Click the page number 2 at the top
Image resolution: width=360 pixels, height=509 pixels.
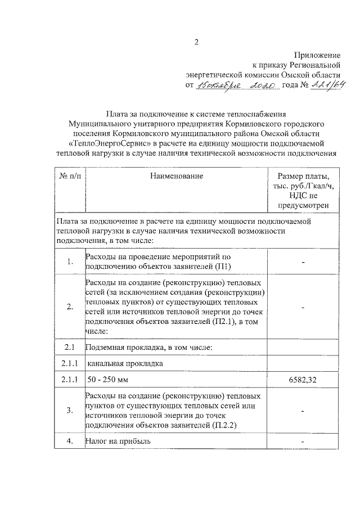click(x=197, y=43)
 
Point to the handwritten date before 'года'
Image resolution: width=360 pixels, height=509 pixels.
click(x=237, y=85)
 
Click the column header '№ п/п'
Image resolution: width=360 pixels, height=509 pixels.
click(x=70, y=176)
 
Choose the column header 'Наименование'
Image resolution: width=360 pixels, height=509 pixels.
click(x=176, y=176)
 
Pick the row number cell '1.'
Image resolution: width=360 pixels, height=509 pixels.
click(x=70, y=262)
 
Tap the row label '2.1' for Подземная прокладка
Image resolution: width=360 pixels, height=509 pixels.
click(x=70, y=346)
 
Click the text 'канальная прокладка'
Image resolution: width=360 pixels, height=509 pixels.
click(x=124, y=363)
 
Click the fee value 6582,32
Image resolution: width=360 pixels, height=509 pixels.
click(x=303, y=381)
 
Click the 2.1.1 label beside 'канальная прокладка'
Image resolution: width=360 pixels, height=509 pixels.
click(x=70, y=363)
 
